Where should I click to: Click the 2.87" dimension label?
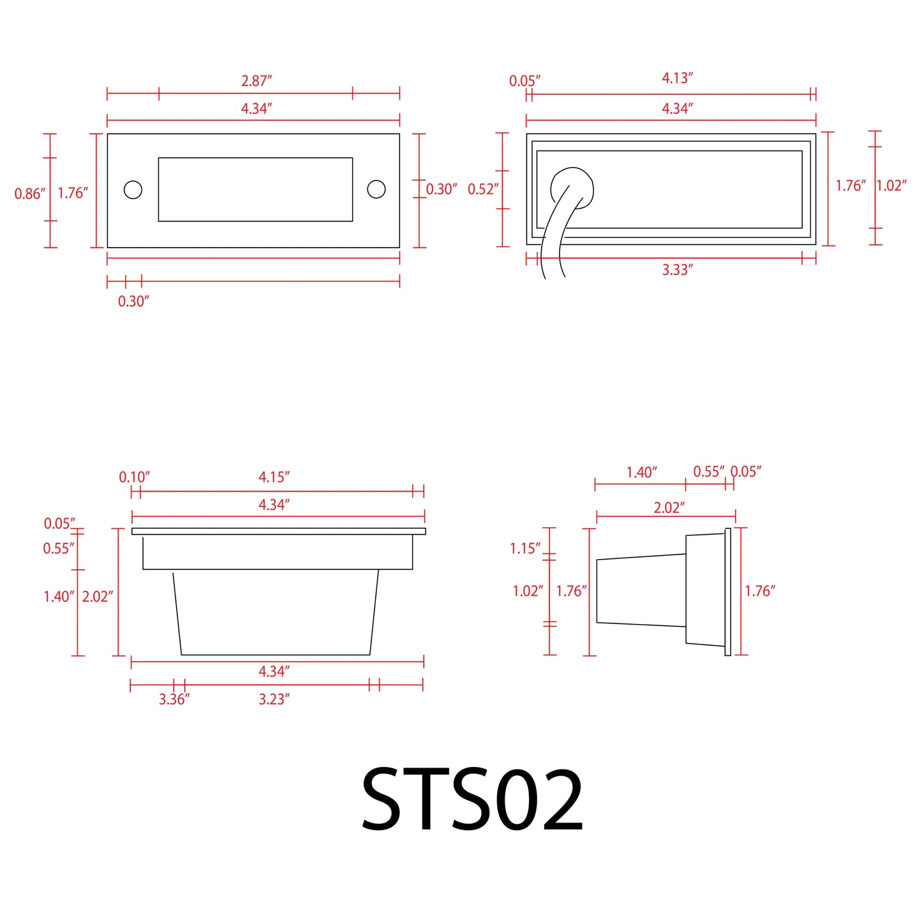257,81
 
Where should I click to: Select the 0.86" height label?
30,193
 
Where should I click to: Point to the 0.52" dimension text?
483,189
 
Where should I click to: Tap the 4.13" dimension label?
677,78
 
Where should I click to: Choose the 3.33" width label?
677,270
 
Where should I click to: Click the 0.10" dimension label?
134,477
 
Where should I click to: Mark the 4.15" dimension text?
274,477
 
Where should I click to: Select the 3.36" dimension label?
174,699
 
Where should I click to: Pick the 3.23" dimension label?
274,699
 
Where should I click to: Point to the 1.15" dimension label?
525,548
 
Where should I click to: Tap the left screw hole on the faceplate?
133,190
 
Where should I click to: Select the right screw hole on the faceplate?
376,190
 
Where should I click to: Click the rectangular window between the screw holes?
255,190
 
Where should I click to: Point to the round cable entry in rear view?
572,186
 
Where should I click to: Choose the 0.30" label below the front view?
133,302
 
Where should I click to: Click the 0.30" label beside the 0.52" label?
442,189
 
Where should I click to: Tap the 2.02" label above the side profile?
669,508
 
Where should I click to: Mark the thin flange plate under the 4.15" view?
278,531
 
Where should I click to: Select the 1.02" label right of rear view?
891,186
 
